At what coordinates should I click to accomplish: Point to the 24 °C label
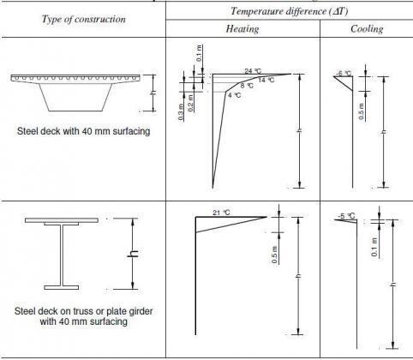(x=251, y=70)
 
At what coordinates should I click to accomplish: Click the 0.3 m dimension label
(x=182, y=111)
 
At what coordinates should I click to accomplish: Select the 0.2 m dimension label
(x=191, y=99)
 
